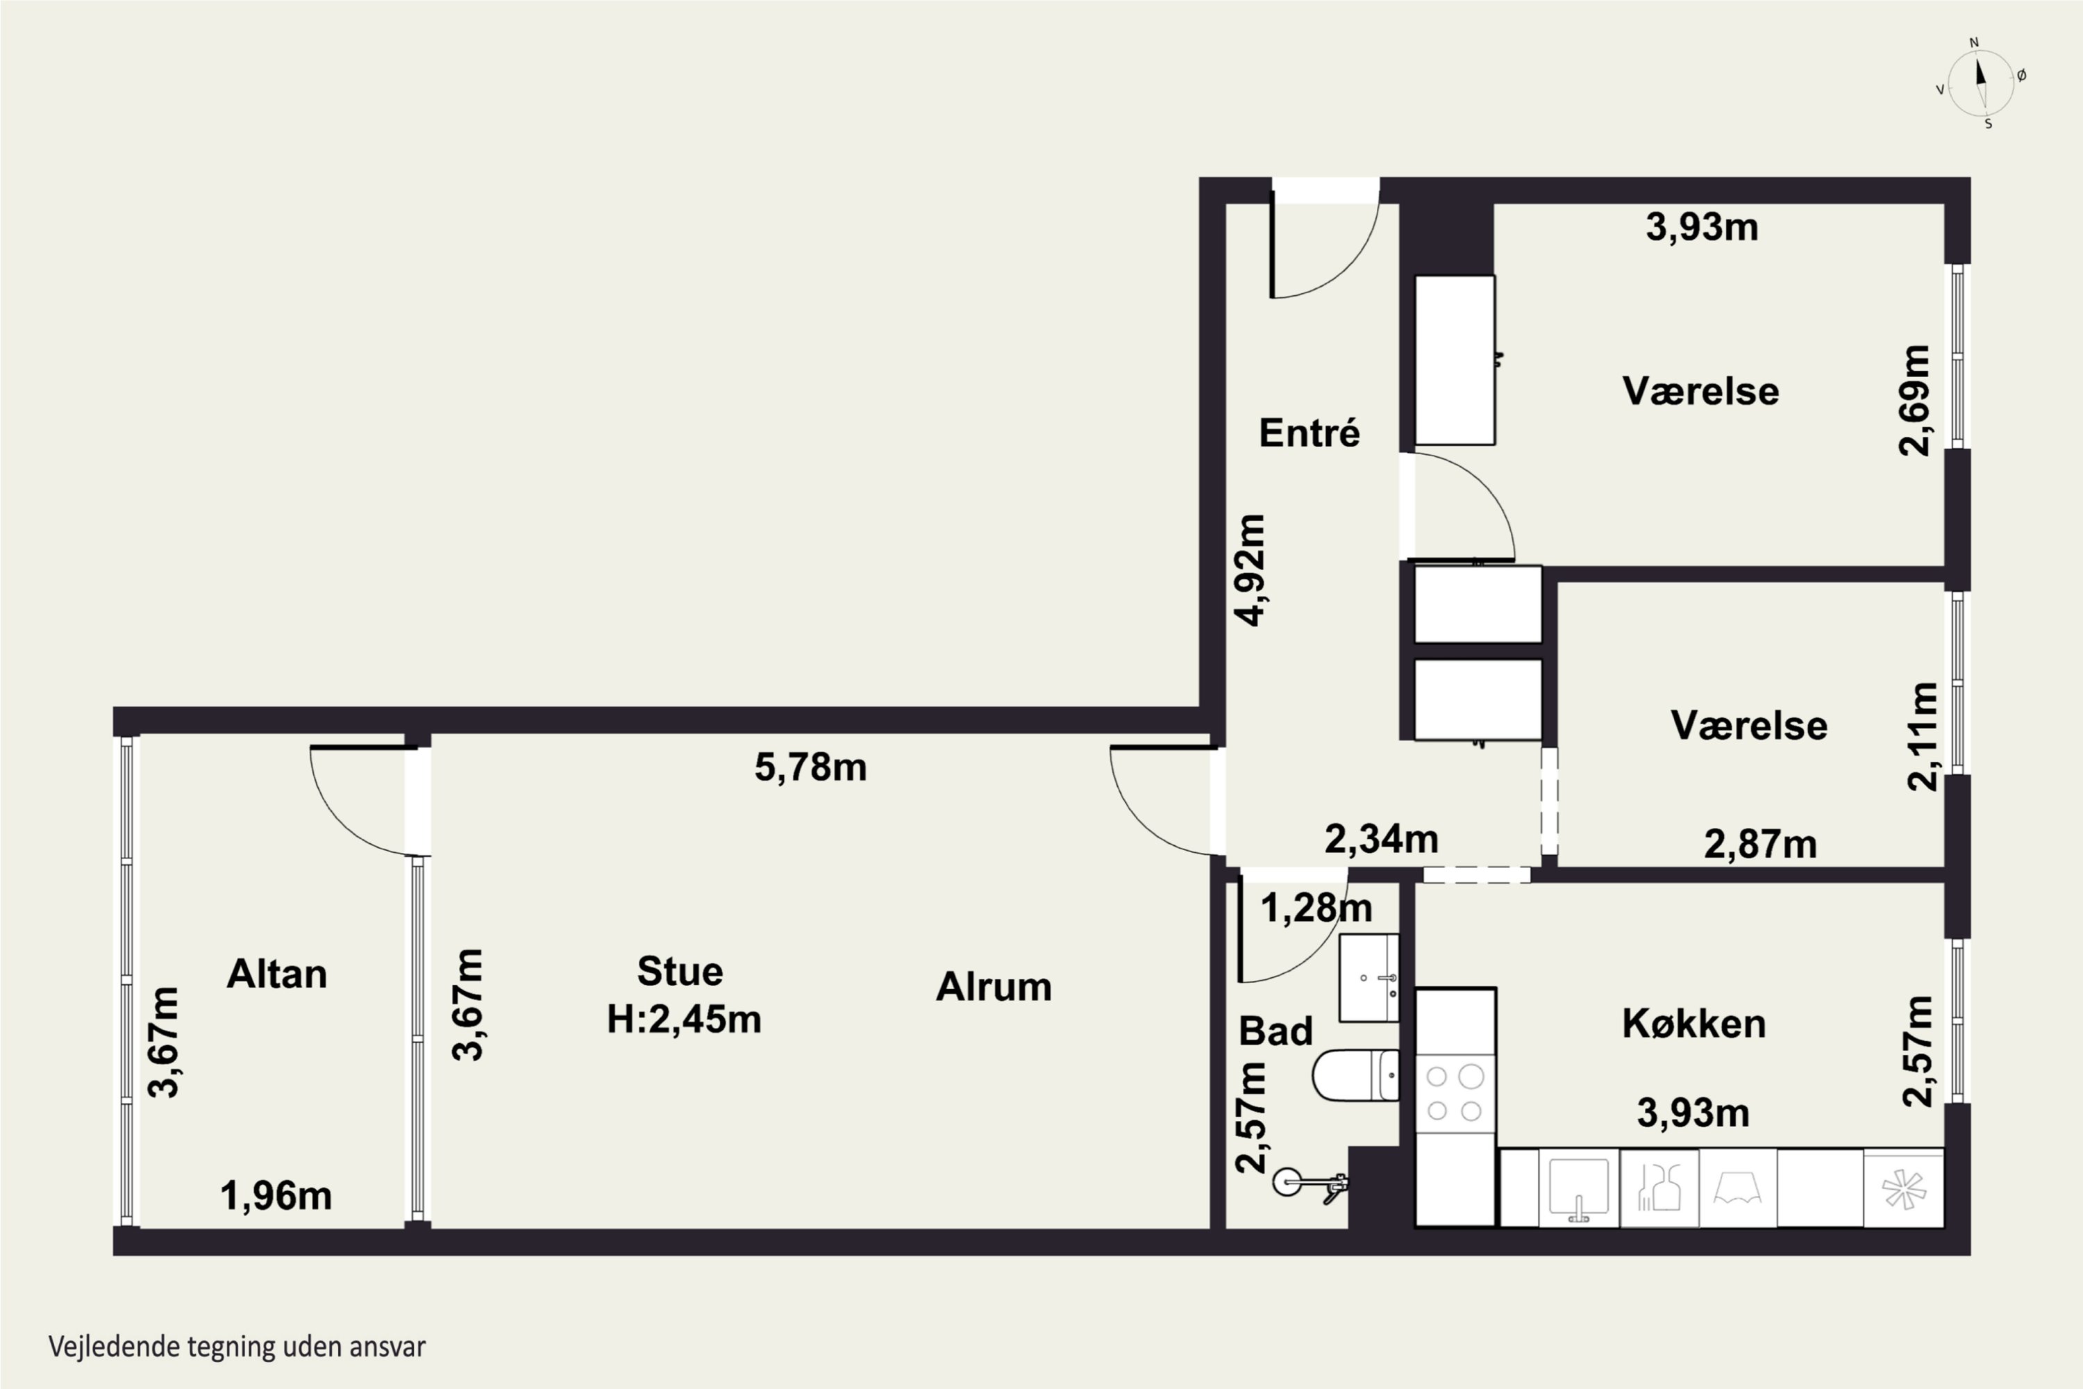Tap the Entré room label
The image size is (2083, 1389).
1309,433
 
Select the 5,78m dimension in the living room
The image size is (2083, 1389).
810,767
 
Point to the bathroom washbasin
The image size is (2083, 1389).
1369,978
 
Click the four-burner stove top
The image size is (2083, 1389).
1455,1093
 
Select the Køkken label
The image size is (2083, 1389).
1693,1024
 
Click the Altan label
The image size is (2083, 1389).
277,974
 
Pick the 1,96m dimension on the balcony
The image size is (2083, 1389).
276,1197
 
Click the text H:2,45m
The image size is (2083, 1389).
684,1020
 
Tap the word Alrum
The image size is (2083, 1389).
994,987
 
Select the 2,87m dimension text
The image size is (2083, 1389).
1759,845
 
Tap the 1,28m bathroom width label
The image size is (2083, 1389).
1316,908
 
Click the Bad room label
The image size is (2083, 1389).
1275,1031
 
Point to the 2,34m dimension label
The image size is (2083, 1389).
1381,839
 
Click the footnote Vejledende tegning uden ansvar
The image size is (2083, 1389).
237,1347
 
